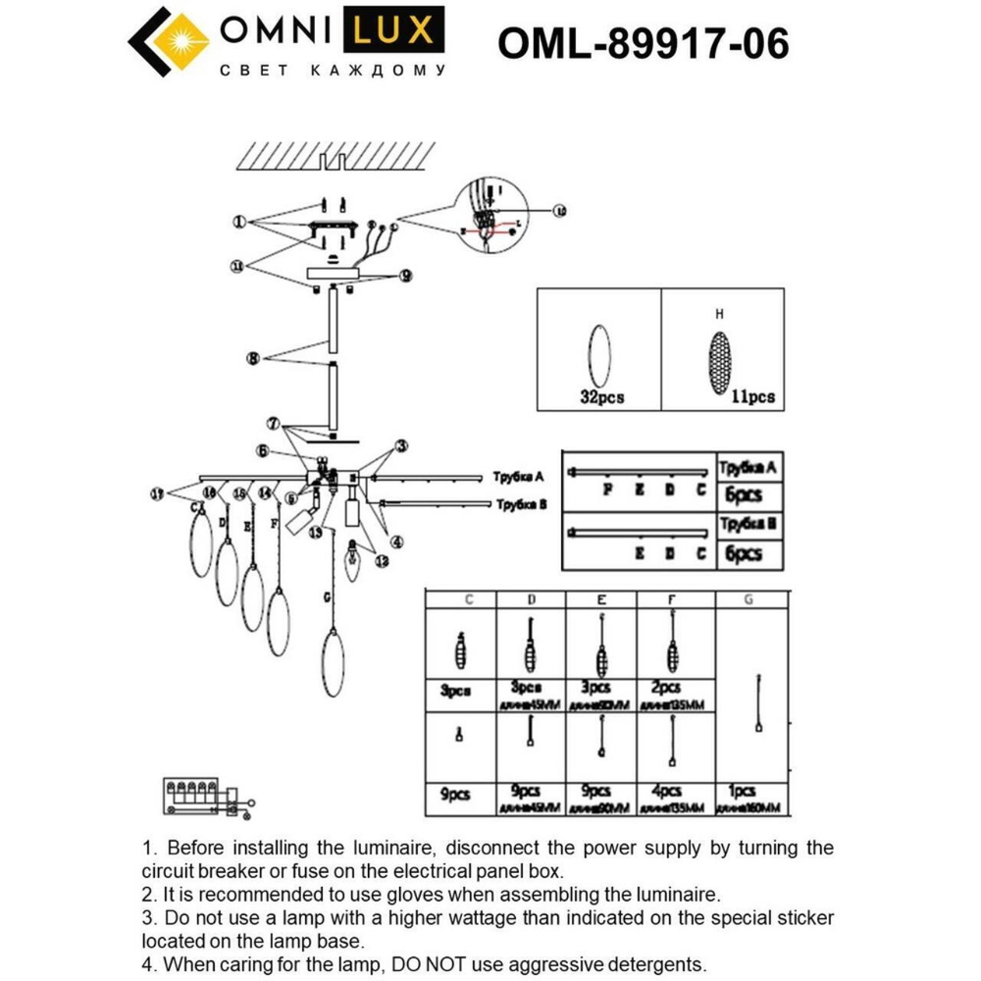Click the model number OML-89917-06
click(x=644, y=43)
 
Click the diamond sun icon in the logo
click(x=169, y=43)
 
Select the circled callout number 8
click(x=253, y=359)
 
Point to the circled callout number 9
click(x=404, y=275)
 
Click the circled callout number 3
click(x=401, y=446)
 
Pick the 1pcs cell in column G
click(x=743, y=790)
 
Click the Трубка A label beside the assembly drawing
click(x=518, y=476)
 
